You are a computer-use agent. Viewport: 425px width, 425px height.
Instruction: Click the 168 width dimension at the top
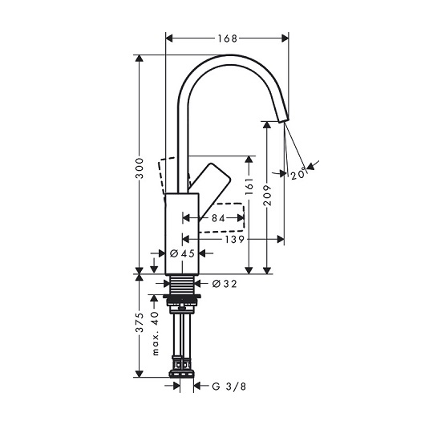(228, 38)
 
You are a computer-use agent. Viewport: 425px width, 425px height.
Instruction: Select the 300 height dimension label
(140, 168)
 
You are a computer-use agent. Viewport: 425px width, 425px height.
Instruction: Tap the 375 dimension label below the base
(140, 322)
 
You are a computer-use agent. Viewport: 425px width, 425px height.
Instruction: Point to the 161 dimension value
(249, 187)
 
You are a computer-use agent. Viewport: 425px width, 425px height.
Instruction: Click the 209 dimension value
(267, 195)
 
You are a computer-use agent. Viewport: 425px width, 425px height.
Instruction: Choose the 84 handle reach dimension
(218, 218)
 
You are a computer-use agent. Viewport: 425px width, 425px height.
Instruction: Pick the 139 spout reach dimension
(235, 239)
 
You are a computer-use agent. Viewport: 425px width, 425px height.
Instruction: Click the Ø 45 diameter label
(182, 253)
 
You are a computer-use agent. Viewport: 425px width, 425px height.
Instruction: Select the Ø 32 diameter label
(225, 284)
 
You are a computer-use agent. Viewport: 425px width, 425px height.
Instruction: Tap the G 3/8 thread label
(229, 387)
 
